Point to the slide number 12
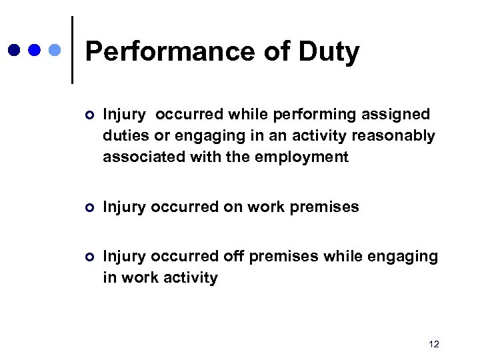434,344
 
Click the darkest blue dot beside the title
14,50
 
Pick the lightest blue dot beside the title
55,50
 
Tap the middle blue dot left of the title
35,50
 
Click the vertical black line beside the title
71,50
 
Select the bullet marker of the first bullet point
90,115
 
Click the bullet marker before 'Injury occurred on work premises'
90,207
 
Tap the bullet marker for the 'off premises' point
90,257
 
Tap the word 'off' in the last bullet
229,256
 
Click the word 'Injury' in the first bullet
124,115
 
